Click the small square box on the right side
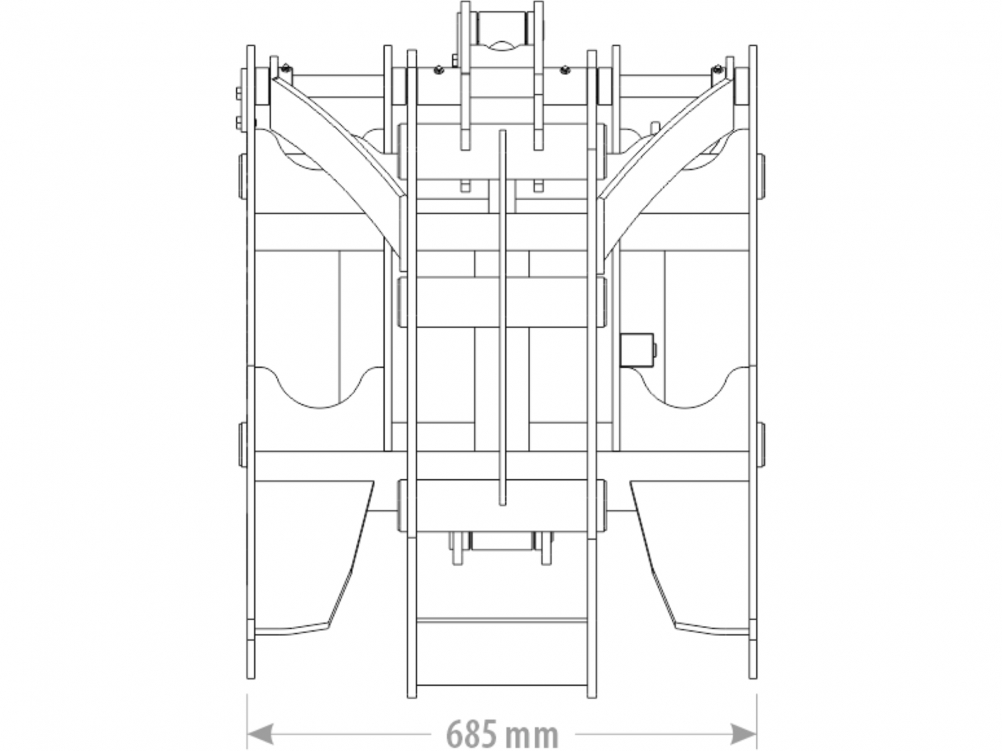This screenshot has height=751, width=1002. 636,349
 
